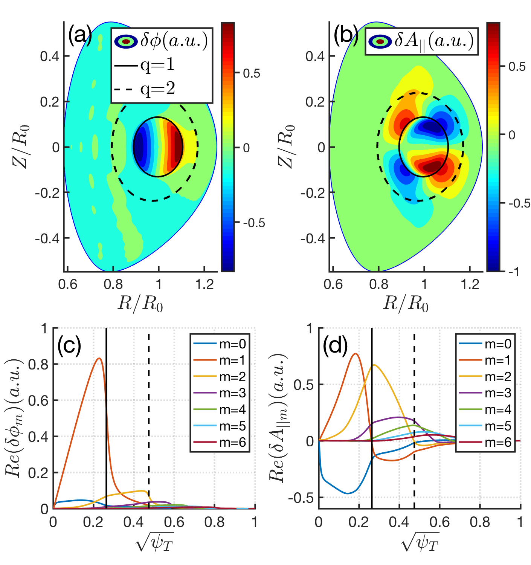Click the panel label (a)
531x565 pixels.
[79, 36]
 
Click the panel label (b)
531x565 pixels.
[346, 36]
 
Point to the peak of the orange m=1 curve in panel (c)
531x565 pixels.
[99, 358]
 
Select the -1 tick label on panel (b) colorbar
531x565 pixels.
[514, 272]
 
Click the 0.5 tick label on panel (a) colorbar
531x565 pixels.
[251, 73]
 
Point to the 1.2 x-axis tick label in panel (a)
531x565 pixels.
[205, 284]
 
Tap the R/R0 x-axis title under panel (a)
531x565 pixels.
[140, 303]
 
